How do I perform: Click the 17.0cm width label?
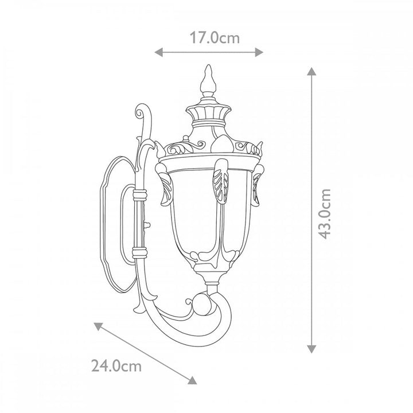click(x=215, y=38)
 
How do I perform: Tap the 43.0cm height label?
click(x=324, y=213)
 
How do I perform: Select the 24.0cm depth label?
click(x=116, y=366)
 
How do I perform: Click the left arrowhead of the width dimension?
click(x=158, y=52)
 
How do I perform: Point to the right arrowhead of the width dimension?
click(x=259, y=52)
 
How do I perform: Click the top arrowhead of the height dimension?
click(x=311, y=72)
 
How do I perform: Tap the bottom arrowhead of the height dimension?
click(x=311, y=349)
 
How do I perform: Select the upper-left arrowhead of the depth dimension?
click(x=98, y=326)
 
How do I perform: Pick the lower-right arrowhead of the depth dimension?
click(x=193, y=380)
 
